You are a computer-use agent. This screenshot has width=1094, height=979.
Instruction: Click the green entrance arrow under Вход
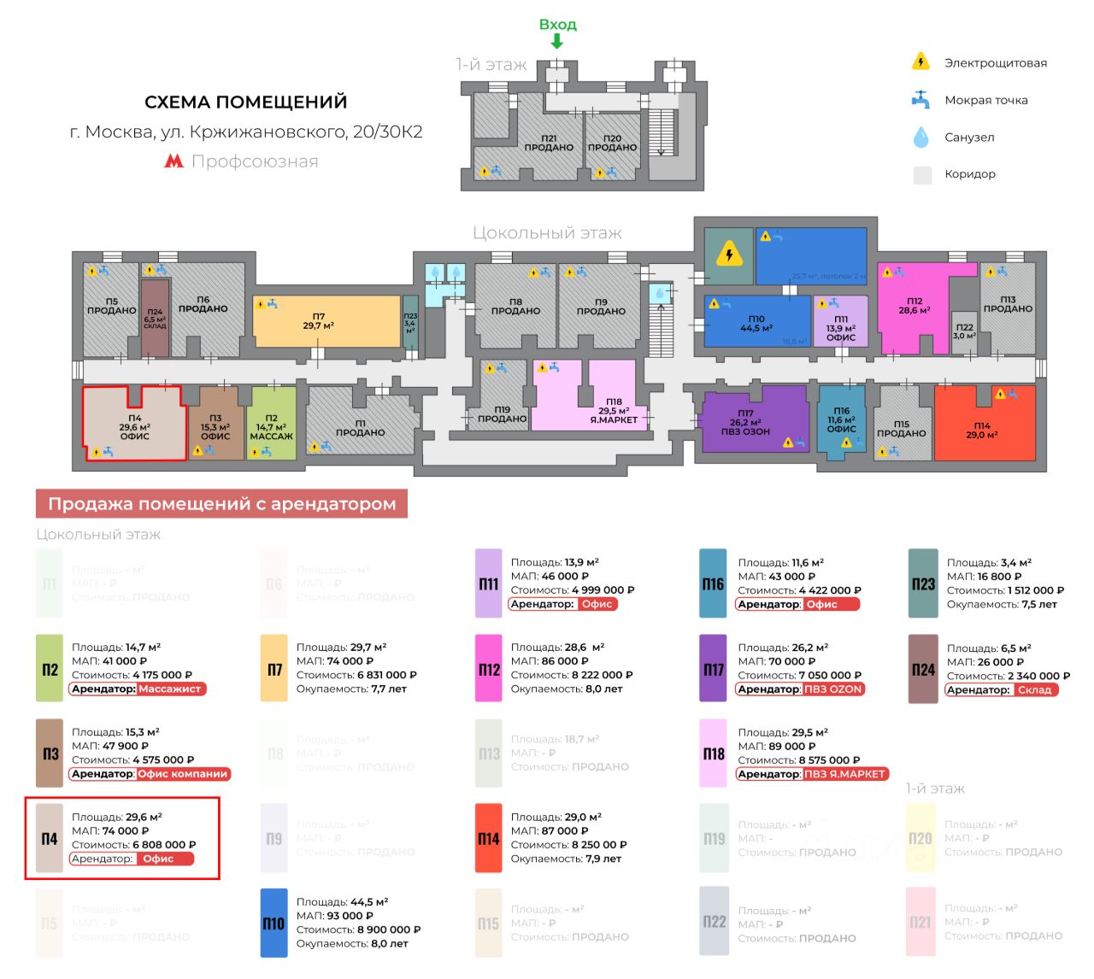[556, 41]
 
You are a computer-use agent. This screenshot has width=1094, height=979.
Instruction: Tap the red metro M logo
[174, 161]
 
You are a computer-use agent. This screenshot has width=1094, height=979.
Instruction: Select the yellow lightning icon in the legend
[920, 62]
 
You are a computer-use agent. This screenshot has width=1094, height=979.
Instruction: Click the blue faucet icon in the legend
[920, 99]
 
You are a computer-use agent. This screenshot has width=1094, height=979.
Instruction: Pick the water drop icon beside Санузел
[920, 137]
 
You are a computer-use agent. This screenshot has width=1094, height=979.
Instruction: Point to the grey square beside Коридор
[922, 174]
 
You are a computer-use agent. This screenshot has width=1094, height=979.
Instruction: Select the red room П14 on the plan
[983, 427]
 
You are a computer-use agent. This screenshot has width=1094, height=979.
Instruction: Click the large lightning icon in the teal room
[729, 254]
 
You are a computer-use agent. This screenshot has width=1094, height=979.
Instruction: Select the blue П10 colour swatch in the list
[273, 923]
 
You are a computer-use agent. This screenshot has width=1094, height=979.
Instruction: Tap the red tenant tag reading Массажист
[171, 689]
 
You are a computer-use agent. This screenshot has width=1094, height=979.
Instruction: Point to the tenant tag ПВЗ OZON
[833, 689]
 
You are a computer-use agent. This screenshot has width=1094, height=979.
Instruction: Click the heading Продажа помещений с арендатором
[221, 504]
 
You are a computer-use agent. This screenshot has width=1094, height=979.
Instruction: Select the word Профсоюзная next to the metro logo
[255, 161]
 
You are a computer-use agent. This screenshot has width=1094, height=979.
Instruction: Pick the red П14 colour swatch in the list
[488, 838]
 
